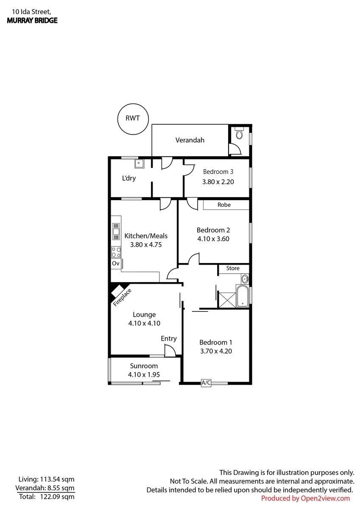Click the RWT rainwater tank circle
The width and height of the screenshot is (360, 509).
118,119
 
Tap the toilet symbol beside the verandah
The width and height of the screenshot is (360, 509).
239,133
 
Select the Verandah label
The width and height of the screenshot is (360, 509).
190,140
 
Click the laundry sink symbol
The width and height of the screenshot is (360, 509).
139,164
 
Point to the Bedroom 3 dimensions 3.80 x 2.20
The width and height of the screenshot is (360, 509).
218,182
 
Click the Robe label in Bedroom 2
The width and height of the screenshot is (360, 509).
224,205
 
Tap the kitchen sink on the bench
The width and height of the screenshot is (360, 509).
116,232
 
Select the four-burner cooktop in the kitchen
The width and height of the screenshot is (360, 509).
116,252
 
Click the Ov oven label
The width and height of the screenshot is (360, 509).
116,263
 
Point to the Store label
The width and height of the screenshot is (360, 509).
233,268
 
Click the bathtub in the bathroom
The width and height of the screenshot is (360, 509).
243,296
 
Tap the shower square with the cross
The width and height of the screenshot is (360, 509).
227,300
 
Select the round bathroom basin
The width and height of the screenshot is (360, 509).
245,279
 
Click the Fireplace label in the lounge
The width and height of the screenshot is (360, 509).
122,297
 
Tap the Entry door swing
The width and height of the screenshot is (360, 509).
170,350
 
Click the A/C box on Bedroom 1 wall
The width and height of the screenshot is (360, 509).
206,383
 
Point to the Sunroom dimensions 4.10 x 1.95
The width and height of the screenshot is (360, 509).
144,375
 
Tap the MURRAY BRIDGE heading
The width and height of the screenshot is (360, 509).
32,20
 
